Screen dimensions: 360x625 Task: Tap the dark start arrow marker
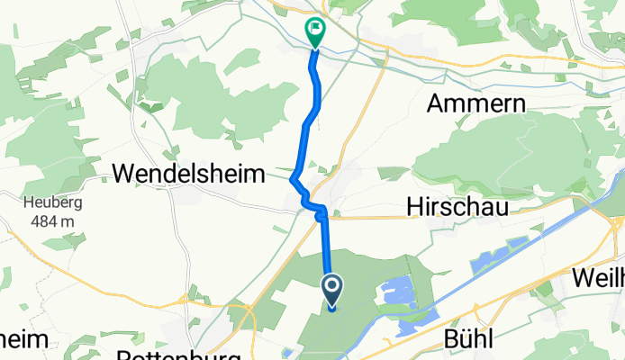[x=332, y=291]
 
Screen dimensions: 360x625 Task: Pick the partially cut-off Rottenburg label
[x=180, y=355]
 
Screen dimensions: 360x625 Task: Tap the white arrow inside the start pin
[x=332, y=288]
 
